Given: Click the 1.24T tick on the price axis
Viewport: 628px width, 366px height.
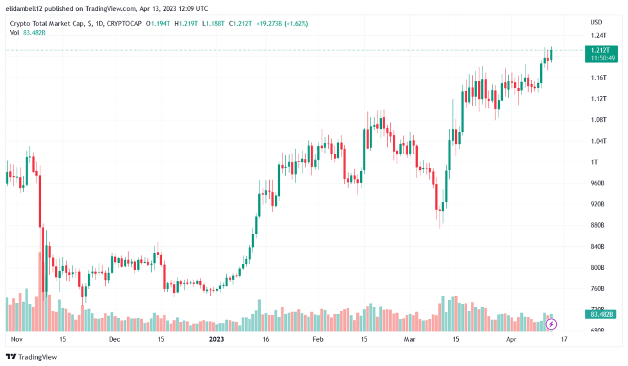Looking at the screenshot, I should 597,36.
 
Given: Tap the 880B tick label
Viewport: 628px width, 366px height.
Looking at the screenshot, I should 597,225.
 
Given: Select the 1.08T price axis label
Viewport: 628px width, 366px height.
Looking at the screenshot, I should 597,120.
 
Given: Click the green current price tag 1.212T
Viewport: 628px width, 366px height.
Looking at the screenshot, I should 602,50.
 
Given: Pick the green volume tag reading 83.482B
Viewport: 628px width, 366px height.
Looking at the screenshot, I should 602,314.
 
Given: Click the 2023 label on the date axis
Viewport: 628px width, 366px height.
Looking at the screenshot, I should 217,339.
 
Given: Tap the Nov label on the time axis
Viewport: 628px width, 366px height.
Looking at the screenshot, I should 17,339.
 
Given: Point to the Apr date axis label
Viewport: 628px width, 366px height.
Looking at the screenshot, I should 511,339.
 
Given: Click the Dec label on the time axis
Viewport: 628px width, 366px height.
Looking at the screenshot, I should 114,339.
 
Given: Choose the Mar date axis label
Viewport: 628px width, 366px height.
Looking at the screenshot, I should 410,339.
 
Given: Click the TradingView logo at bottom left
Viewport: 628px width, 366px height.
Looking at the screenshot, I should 31,356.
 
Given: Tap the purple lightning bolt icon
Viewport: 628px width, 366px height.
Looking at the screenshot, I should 551,324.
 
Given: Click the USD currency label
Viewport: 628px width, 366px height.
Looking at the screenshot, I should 596,22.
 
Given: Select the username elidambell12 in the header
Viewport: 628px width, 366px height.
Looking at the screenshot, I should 25,9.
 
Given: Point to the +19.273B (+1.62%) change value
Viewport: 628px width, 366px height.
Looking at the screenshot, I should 282,24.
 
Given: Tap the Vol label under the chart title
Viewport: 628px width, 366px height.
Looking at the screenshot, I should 15,33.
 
